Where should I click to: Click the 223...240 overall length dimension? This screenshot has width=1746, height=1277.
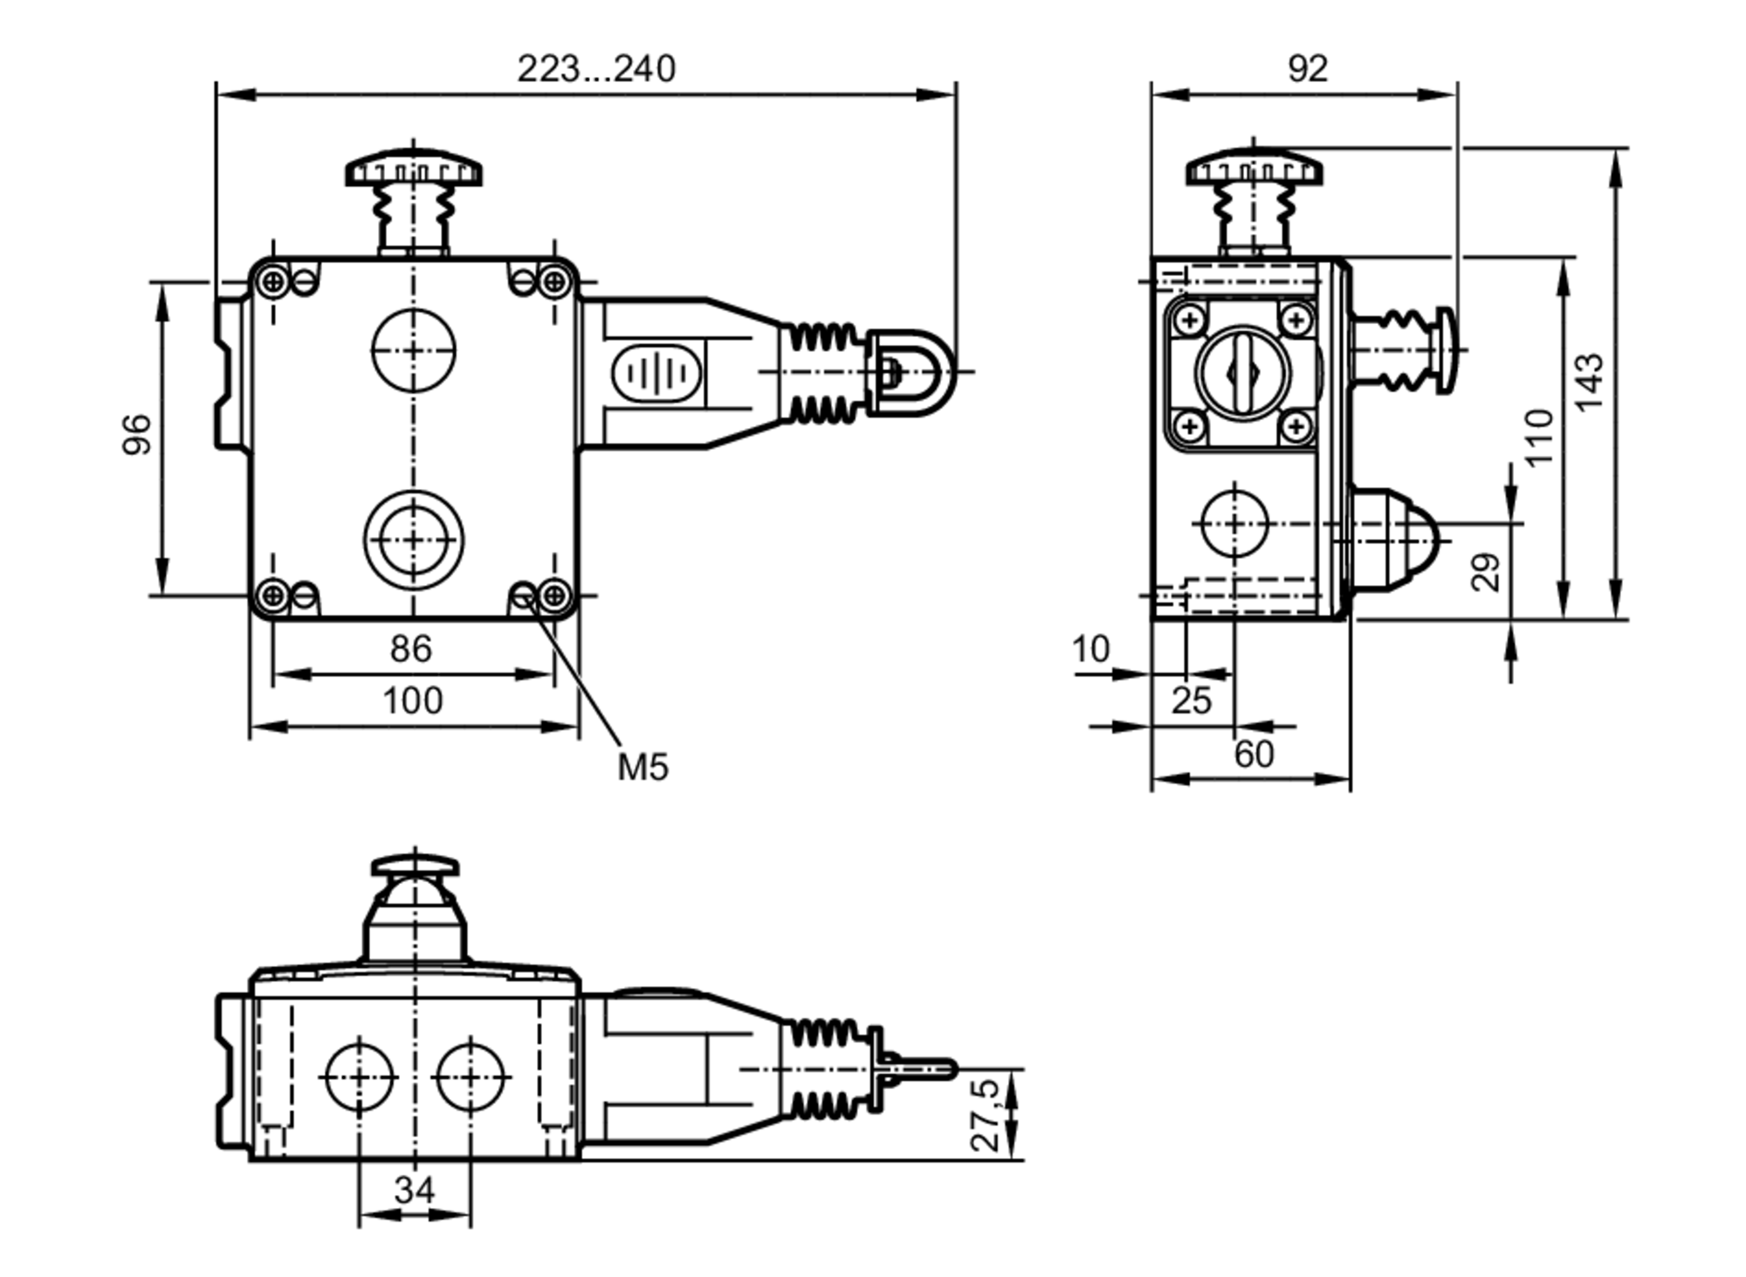pos(596,69)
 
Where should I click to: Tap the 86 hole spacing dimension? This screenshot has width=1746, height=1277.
pos(410,649)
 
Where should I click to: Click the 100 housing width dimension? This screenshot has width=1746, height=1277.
pos(413,701)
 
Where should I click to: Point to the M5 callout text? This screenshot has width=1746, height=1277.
pos(643,768)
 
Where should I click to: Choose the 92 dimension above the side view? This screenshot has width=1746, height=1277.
pos(1307,69)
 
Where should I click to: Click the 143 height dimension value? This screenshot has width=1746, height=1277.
pos(1589,382)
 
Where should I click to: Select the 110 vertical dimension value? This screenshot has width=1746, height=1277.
pos(1540,437)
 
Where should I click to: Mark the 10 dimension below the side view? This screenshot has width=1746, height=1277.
pos(1090,649)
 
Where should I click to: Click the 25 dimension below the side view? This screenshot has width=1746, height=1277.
pos(1191,701)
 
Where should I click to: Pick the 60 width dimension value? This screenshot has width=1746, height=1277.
pos(1254,754)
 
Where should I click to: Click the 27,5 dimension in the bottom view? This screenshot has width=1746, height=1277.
pos(984,1115)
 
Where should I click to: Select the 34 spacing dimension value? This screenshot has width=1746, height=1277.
pos(414,1190)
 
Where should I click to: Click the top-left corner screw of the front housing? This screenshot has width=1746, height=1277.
pos(273,281)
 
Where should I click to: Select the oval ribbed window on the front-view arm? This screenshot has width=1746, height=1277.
pos(656,373)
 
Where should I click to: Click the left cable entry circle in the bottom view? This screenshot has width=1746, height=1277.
pos(359,1077)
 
